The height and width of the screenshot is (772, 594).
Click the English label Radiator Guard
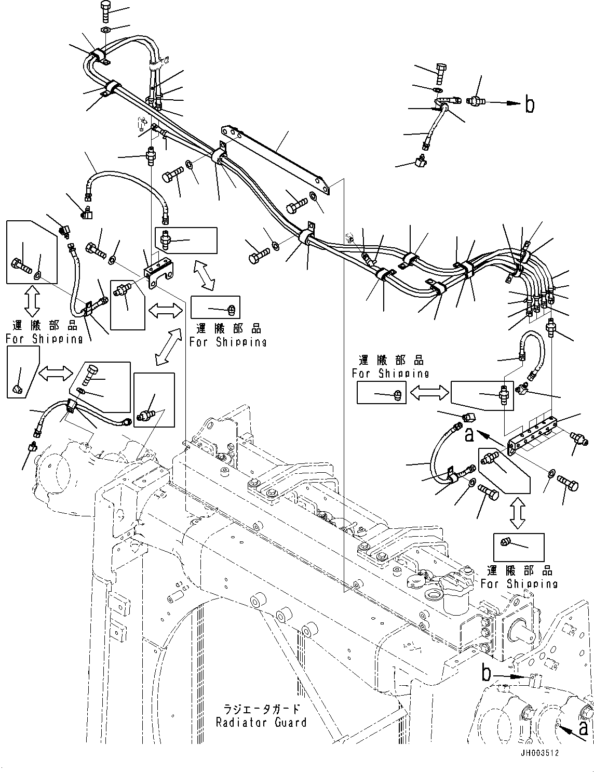(x=261, y=722)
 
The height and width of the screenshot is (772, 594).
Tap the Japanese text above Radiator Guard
(x=261, y=709)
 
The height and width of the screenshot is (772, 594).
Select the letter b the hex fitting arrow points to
(x=529, y=104)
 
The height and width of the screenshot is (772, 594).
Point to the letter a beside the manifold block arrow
(x=469, y=435)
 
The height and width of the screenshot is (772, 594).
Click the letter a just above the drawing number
(x=584, y=727)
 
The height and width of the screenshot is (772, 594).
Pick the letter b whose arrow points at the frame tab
(x=485, y=674)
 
